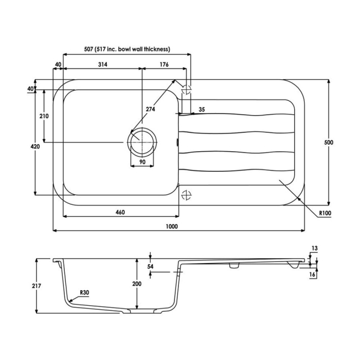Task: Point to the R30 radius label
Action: coord(84,292)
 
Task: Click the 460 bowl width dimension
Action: coord(120,212)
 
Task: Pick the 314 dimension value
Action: coord(102,65)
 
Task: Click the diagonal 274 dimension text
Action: coord(151,109)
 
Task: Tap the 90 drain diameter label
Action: coord(142,162)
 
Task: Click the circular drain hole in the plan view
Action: coord(142,142)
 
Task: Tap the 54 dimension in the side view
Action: coord(150,266)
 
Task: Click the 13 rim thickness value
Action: coord(314,249)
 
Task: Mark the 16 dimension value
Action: coord(313,274)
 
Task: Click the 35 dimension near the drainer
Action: coord(201,110)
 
